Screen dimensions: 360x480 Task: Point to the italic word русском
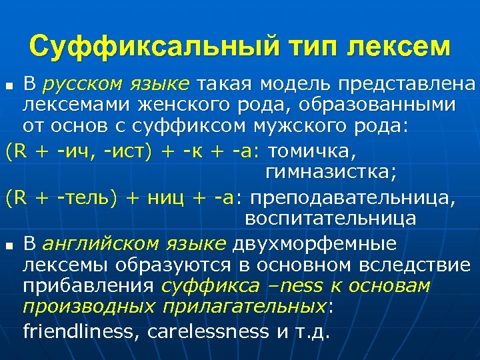click(80, 84)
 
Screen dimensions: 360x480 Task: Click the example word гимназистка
click(331, 173)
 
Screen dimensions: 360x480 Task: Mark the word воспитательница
click(331, 219)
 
